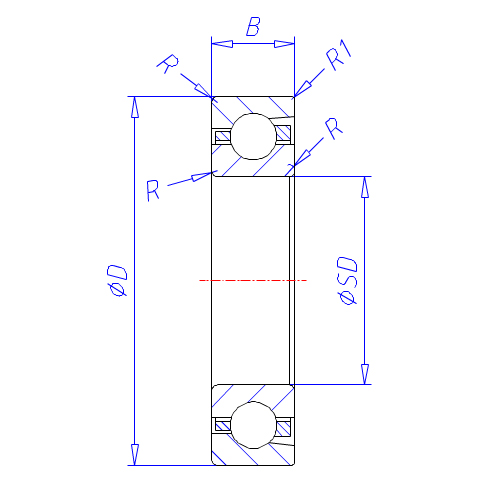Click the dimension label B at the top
[x=253, y=26]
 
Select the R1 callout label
[x=339, y=55]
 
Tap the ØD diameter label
[x=117, y=280]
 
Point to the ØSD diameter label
[x=347, y=280]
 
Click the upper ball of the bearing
[x=253, y=136]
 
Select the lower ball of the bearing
[x=253, y=425]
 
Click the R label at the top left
[x=168, y=63]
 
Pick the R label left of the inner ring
[x=153, y=190]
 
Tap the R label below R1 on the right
[x=334, y=128]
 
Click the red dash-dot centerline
[x=253, y=281]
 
